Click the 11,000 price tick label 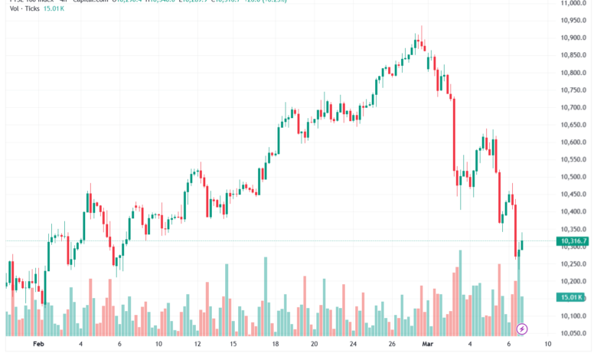574,4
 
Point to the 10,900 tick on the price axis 574,38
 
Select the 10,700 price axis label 574,107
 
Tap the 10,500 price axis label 574,176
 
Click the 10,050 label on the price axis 574,333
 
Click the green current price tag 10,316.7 574,241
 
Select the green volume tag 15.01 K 573,297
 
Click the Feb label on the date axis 40,345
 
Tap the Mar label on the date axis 426,345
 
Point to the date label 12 197,345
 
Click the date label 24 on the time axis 354,345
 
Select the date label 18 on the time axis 276,345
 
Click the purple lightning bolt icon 522,329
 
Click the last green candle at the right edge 522,245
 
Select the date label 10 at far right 549,345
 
